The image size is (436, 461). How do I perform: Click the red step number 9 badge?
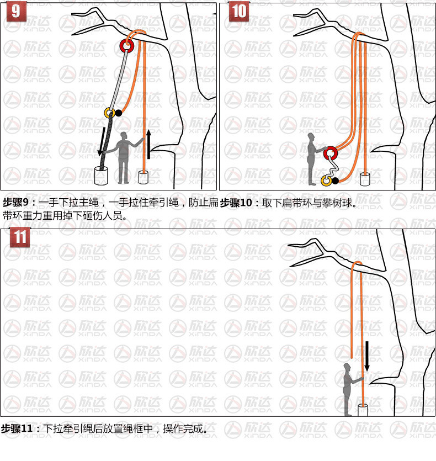[17, 12]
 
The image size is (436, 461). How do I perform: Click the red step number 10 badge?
[239, 12]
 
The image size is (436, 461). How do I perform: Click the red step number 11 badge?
[20, 237]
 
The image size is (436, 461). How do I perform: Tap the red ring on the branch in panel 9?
[127, 46]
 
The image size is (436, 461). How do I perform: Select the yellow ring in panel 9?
[110, 113]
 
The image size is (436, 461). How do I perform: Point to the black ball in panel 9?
[118, 113]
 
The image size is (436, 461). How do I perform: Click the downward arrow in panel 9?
[102, 141]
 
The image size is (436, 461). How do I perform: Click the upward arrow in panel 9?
[149, 144]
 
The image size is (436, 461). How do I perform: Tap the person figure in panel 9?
[124, 158]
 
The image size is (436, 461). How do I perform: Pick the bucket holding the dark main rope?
[101, 176]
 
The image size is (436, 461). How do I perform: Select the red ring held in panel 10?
[331, 153]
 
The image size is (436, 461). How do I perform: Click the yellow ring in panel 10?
[326, 181]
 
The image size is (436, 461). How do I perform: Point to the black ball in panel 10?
[335, 181]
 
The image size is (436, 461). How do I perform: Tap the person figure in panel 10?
[314, 159]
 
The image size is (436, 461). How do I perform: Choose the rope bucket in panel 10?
[365, 179]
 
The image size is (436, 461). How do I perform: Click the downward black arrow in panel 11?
[367, 356]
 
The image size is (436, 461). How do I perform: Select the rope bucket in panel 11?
[363, 410]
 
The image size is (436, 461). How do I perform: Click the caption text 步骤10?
[236, 203]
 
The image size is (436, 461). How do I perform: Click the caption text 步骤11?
[17, 428]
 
